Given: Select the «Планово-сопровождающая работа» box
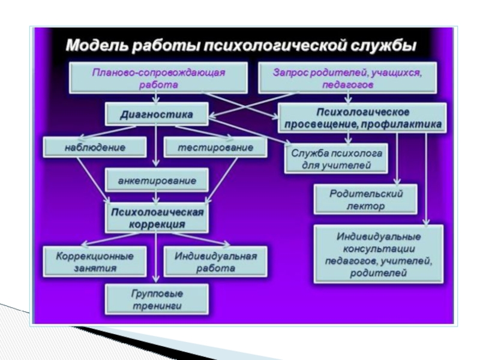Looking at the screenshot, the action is click(x=158, y=78).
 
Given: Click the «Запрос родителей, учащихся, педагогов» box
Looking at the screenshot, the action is click(x=347, y=78).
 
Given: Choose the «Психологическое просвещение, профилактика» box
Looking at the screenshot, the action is click(x=362, y=118).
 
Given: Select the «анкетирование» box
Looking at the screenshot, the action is click(x=157, y=179).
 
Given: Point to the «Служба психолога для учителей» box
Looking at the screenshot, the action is click(x=335, y=158).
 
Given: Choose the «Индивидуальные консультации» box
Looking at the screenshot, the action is click(x=378, y=253).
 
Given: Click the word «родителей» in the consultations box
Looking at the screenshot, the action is click(x=378, y=274).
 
